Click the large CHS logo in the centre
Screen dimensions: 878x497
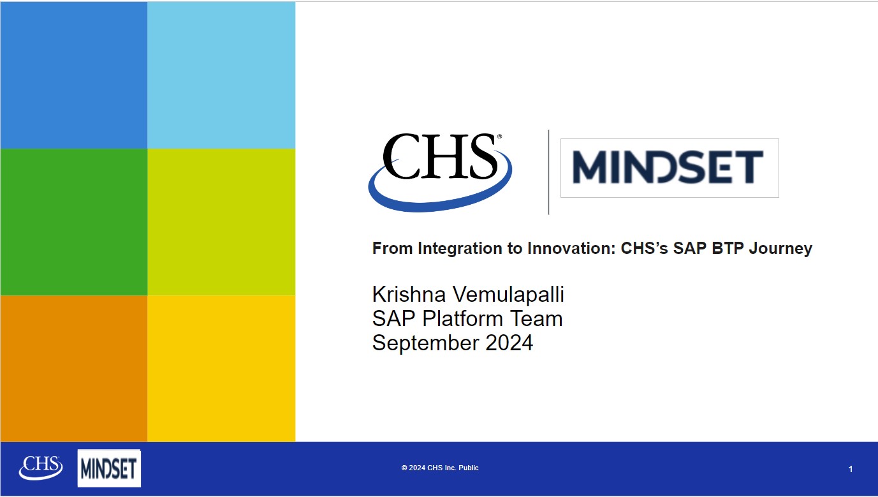pos(440,173)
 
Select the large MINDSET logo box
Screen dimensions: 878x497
pos(669,168)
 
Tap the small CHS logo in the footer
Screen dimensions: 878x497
pos(41,468)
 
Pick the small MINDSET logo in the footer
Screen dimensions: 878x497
pos(109,468)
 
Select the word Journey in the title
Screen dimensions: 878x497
pos(780,249)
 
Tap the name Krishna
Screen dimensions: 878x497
pos(409,294)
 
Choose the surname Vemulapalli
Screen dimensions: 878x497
pos(508,295)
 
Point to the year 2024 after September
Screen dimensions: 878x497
pos(509,343)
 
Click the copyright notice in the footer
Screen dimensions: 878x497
pos(440,468)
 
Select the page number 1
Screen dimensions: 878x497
pos(851,469)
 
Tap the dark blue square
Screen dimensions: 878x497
pos(74,75)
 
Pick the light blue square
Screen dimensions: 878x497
pos(221,75)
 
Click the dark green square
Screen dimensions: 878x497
pos(74,222)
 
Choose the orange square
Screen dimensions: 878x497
pos(74,369)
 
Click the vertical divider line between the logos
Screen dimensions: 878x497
pos(548,172)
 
